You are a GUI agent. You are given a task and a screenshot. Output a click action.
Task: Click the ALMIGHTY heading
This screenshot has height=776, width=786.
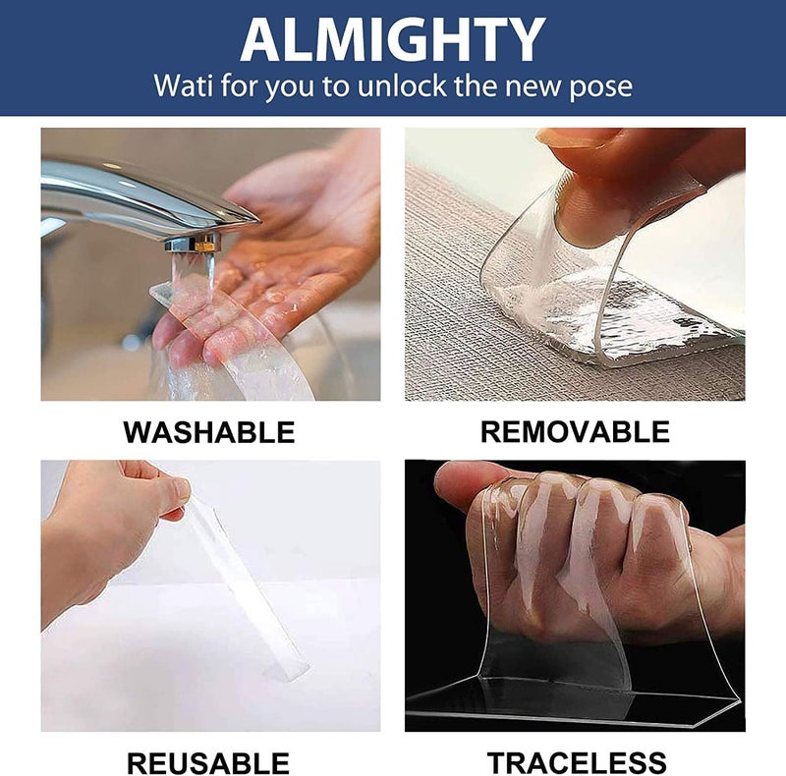(x=392, y=39)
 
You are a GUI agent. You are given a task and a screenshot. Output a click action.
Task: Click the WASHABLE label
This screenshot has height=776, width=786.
(x=209, y=432)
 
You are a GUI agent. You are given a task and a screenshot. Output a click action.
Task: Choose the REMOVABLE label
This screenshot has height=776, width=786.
(x=575, y=431)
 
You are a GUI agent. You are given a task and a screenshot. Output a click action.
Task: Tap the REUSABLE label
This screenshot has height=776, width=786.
(x=208, y=763)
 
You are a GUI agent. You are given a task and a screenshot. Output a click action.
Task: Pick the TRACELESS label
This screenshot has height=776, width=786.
(x=577, y=763)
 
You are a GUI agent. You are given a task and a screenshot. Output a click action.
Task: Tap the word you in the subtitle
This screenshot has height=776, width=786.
(x=288, y=88)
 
